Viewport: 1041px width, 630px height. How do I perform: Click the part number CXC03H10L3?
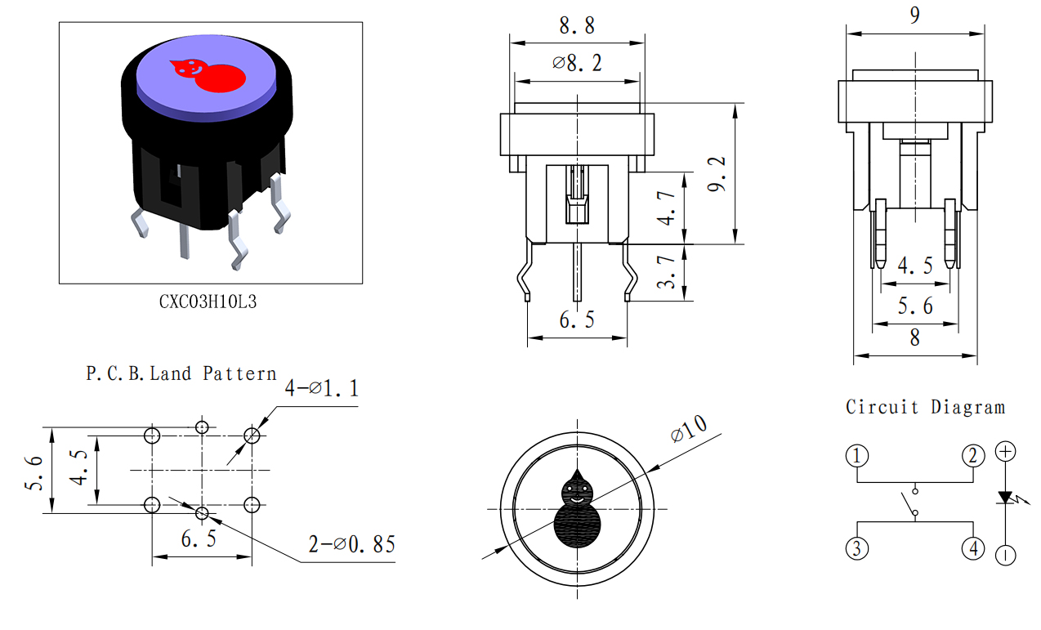pyautogui.click(x=208, y=302)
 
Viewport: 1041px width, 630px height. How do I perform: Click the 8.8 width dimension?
pyautogui.click(x=577, y=25)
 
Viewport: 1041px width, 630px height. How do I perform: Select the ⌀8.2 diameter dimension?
pyautogui.click(x=577, y=63)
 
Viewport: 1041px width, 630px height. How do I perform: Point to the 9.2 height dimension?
pyautogui.click(x=716, y=174)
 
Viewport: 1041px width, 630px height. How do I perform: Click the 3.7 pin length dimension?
pyautogui.click(x=666, y=272)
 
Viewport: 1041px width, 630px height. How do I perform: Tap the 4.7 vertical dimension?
pyautogui.click(x=666, y=208)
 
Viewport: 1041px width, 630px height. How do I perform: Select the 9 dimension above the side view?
pyautogui.click(x=914, y=16)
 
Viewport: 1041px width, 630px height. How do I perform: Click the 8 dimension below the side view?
pyautogui.click(x=914, y=337)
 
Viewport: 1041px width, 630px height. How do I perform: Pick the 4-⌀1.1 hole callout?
pyautogui.click(x=322, y=388)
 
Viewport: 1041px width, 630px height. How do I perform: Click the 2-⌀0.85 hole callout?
pyautogui.click(x=352, y=544)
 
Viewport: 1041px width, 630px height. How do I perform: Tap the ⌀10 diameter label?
pyautogui.click(x=689, y=428)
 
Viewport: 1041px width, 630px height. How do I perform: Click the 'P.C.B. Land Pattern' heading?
pyautogui.click(x=181, y=373)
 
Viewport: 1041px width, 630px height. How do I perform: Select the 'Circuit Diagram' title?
pyautogui.click(x=925, y=407)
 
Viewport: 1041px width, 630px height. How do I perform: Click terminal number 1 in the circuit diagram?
pyautogui.click(x=857, y=456)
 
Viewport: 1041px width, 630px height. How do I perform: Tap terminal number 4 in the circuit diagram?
pyautogui.click(x=973, y=548)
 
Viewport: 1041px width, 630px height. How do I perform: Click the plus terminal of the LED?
pyautogui.click(x=1005, y=452)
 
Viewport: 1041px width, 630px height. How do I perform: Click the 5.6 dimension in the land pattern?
pyautogui.click(x=34, y=473)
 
